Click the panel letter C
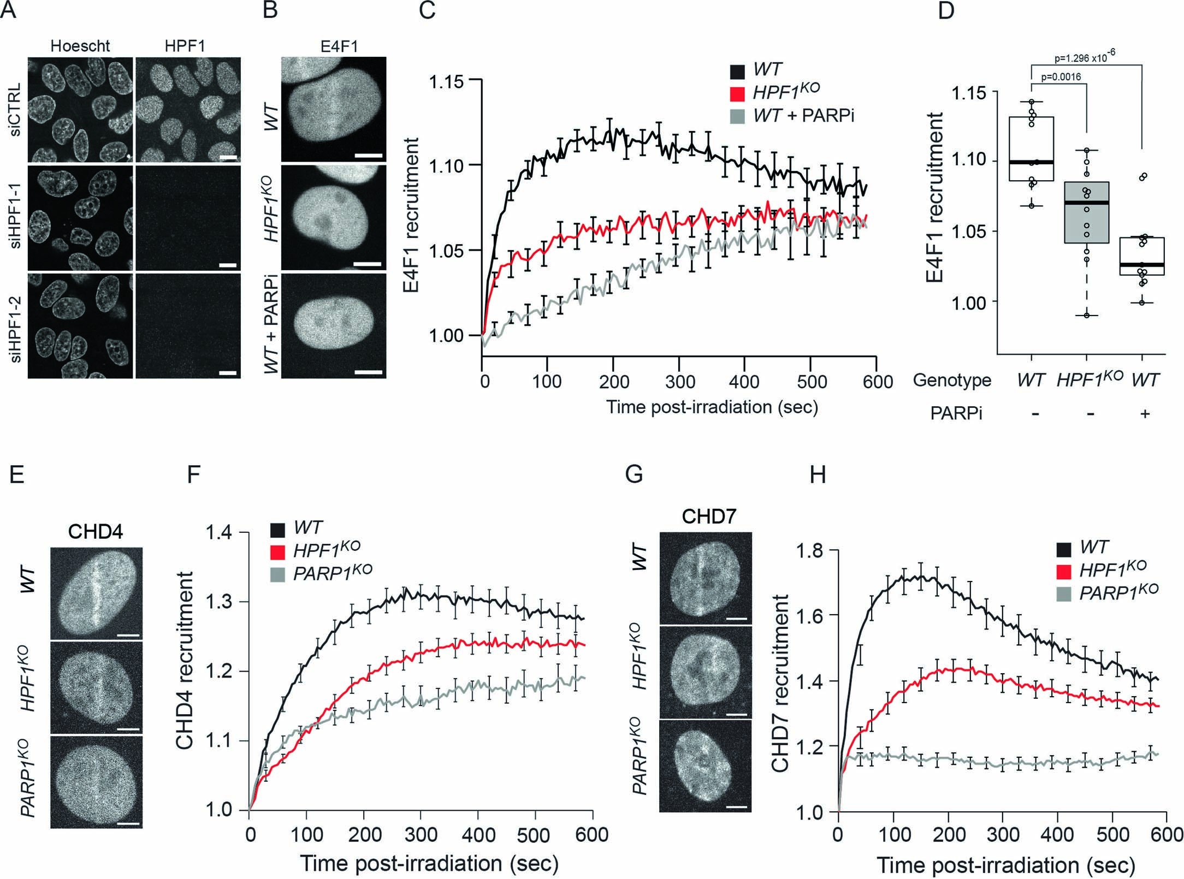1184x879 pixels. point(427,10)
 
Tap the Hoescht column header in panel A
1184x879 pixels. point(80,46)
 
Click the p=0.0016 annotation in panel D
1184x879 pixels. point(1061,77)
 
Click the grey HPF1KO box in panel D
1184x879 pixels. point(1086,212)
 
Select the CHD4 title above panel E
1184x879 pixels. point(95,531)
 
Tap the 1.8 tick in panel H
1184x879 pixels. point(810,550)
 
